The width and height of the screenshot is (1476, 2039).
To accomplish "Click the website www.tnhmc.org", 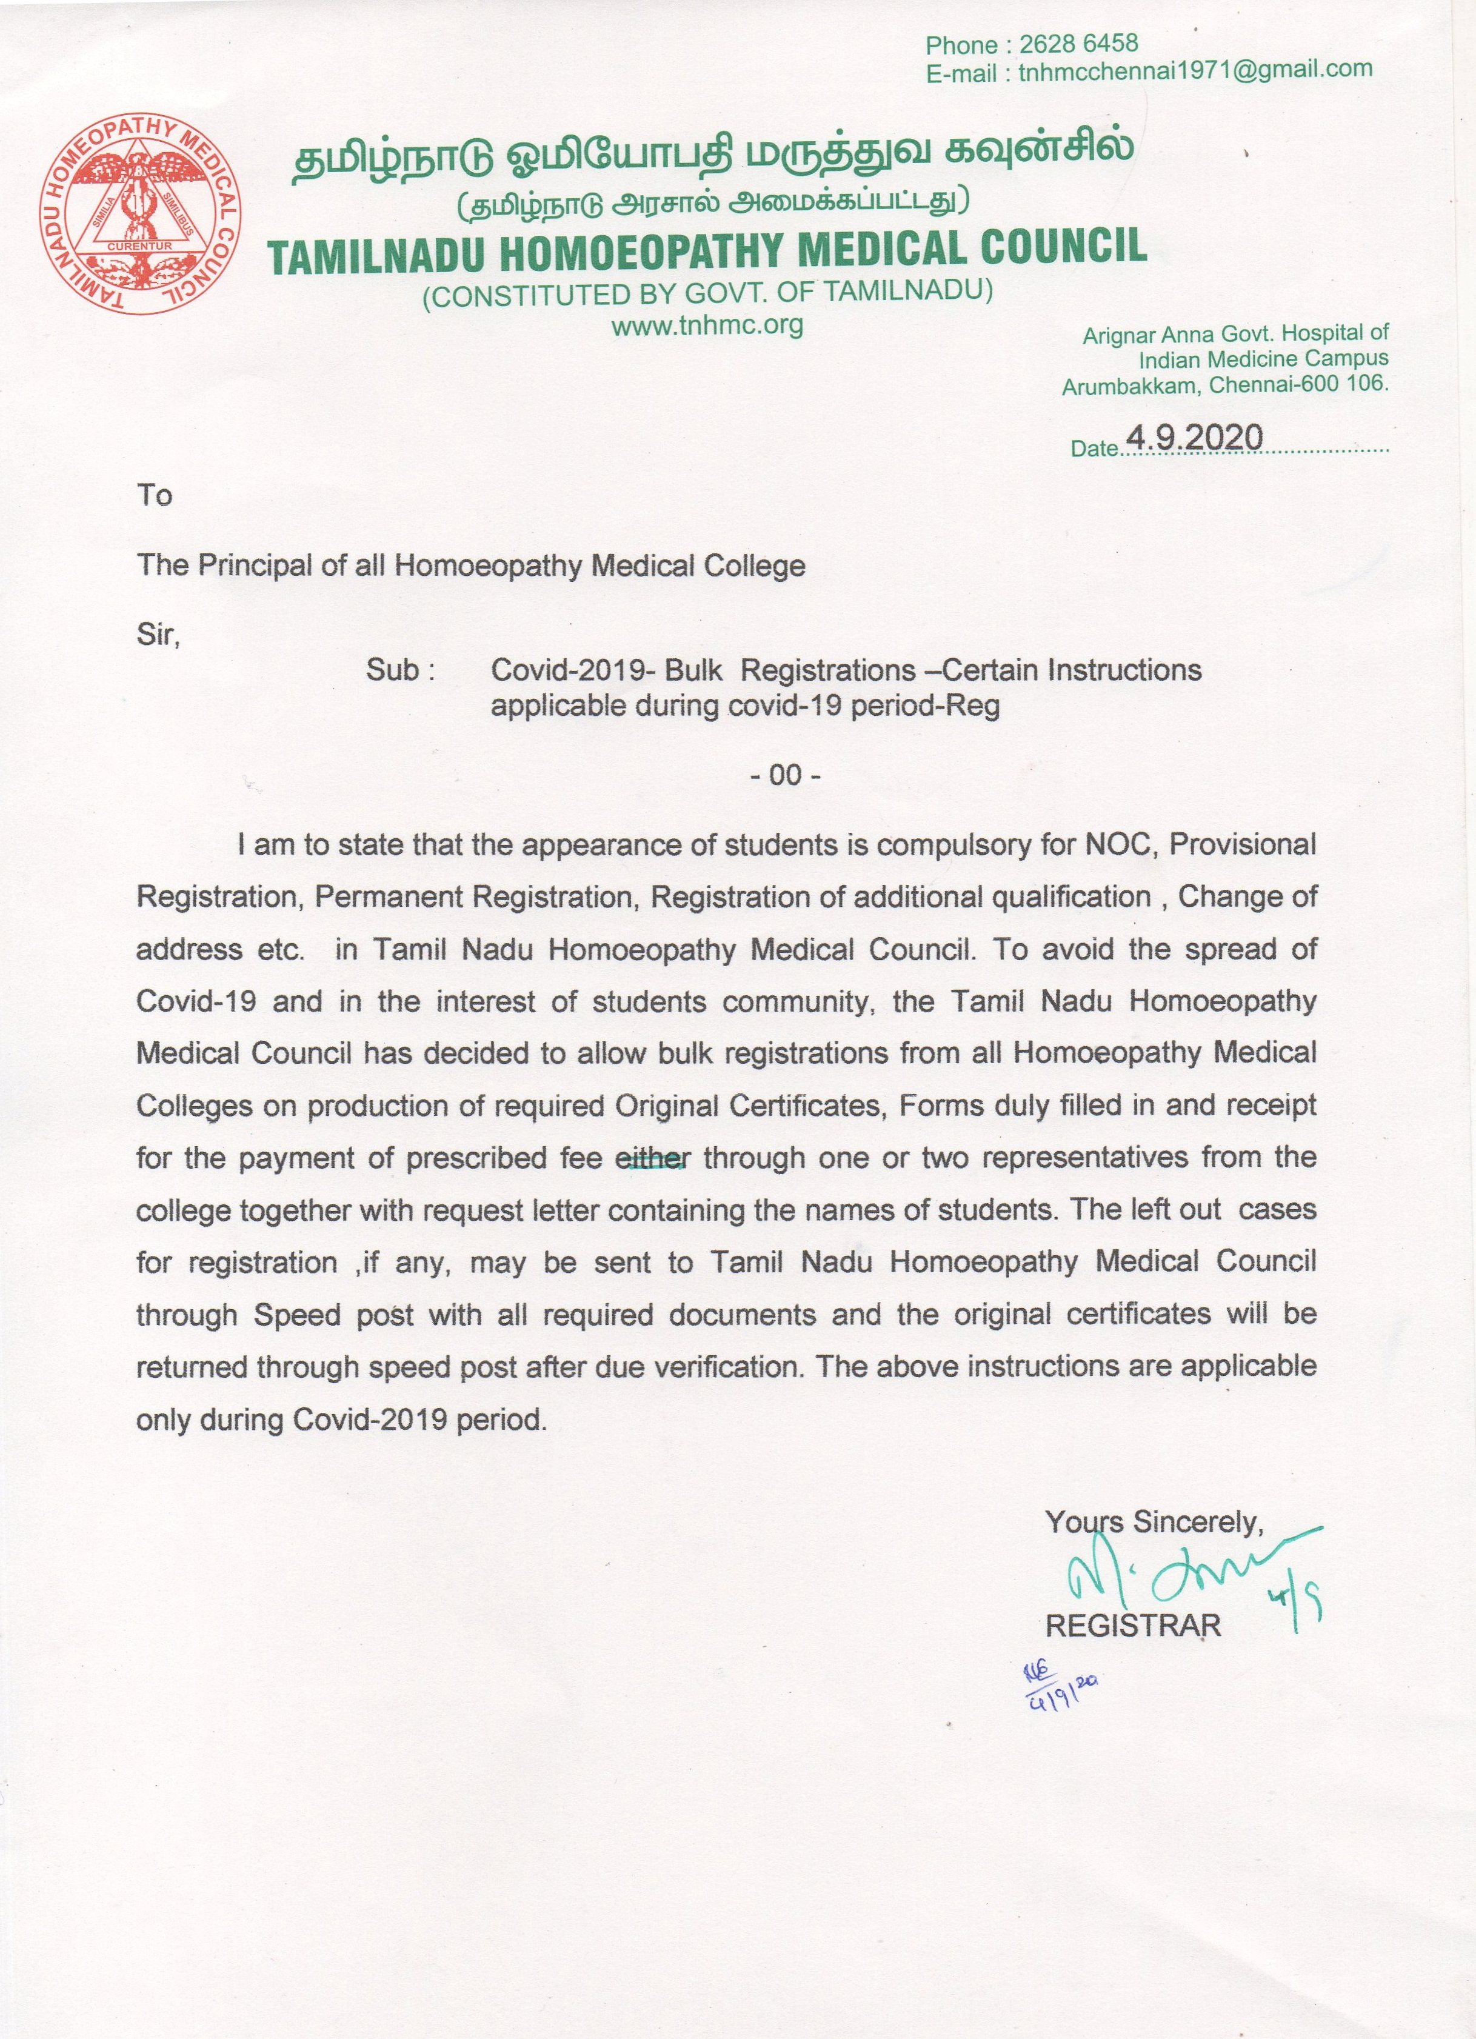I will (707, 325).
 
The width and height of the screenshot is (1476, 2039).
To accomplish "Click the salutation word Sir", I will (158, 636).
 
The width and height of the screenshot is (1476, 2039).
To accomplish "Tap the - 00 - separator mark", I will (785, 775).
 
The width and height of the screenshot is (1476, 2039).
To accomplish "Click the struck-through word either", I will (650, 1157).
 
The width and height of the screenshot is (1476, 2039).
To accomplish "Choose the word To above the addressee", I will (155, 495).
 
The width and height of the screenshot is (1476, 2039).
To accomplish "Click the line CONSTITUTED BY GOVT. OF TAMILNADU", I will (707, 296).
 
